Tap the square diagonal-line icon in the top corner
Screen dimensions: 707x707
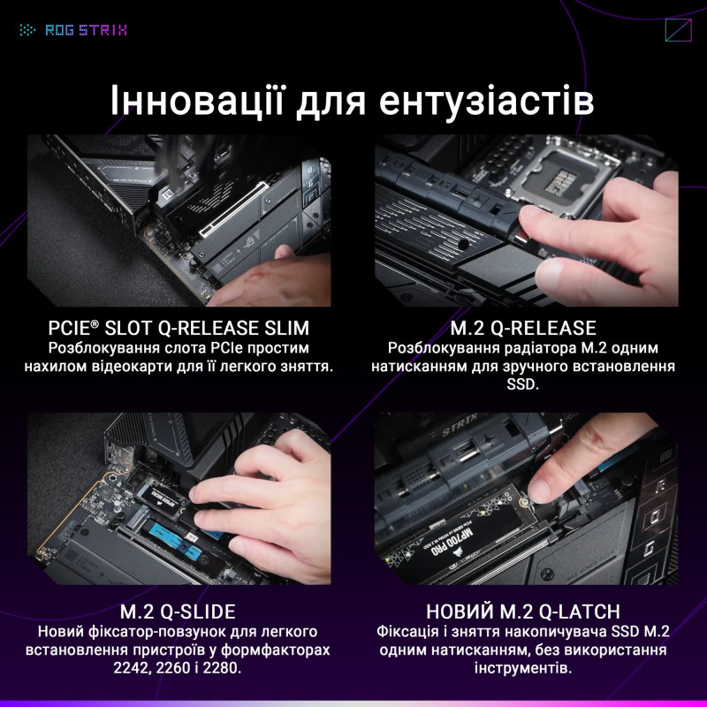point(677,30)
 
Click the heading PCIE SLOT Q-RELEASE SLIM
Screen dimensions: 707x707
point(179,328)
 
